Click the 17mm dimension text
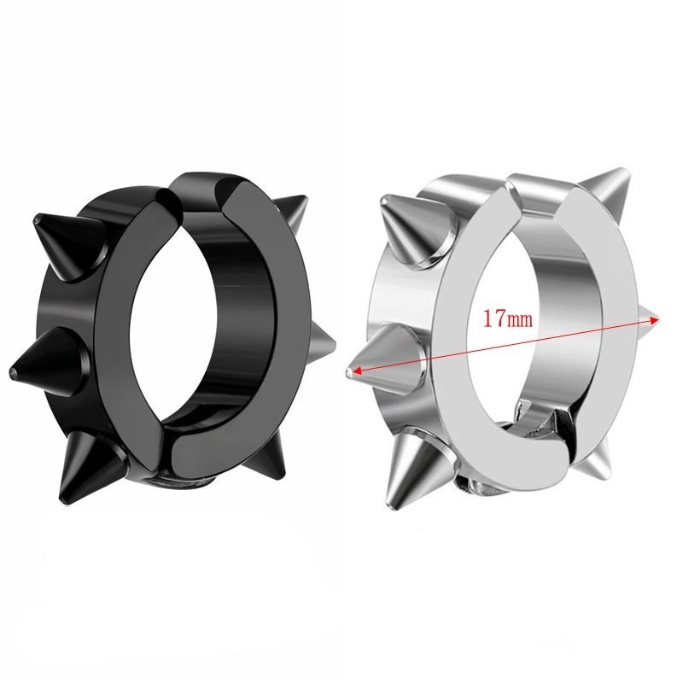click(507, 318)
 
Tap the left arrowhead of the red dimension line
click(358, 371)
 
